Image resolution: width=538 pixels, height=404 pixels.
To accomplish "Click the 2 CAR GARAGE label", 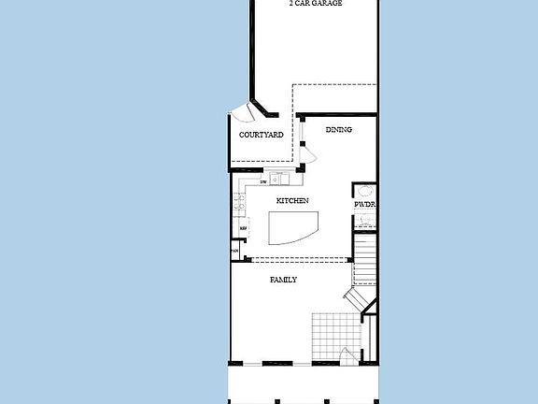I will (x=315, y=4).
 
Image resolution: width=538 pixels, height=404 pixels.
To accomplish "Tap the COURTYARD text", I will (x=261, y=135).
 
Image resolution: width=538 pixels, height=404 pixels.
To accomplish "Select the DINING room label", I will (x=338, y=129).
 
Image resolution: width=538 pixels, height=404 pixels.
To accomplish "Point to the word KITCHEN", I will (x=292, y=201).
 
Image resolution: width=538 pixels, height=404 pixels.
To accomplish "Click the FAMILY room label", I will (x=283, y=280).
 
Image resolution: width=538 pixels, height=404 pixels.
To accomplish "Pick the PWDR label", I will (x=363, y=205).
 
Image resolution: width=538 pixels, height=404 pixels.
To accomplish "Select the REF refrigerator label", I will (x=243, y=228).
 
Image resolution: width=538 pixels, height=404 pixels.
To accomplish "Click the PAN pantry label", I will (x=235, y=251).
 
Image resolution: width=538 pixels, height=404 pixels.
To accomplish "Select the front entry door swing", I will (x=347, y=354).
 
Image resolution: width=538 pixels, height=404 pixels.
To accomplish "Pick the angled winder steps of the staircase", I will (x=356, y=298).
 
